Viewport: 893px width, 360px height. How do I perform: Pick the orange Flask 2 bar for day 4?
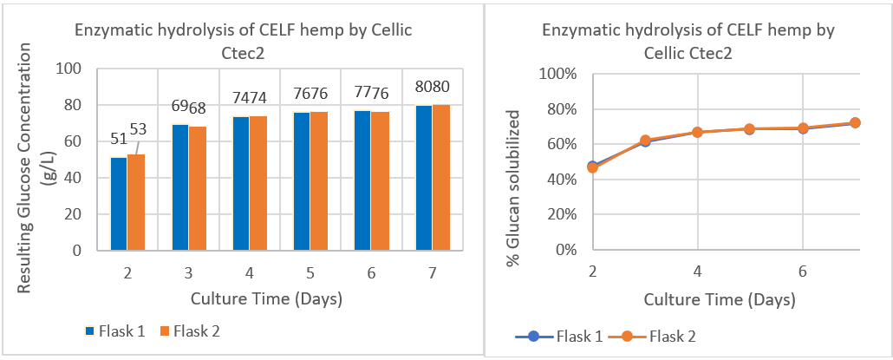[x=257, y=183]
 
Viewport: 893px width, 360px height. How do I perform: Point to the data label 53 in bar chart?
[x=139, y=129]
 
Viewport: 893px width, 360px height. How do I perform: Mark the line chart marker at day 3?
[x=645, y=141]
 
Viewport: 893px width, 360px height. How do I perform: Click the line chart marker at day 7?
[x=855, y=123]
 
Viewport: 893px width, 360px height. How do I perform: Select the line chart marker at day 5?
[x=750, y=129]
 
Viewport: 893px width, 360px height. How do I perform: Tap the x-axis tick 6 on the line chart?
[x=802, y=271]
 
